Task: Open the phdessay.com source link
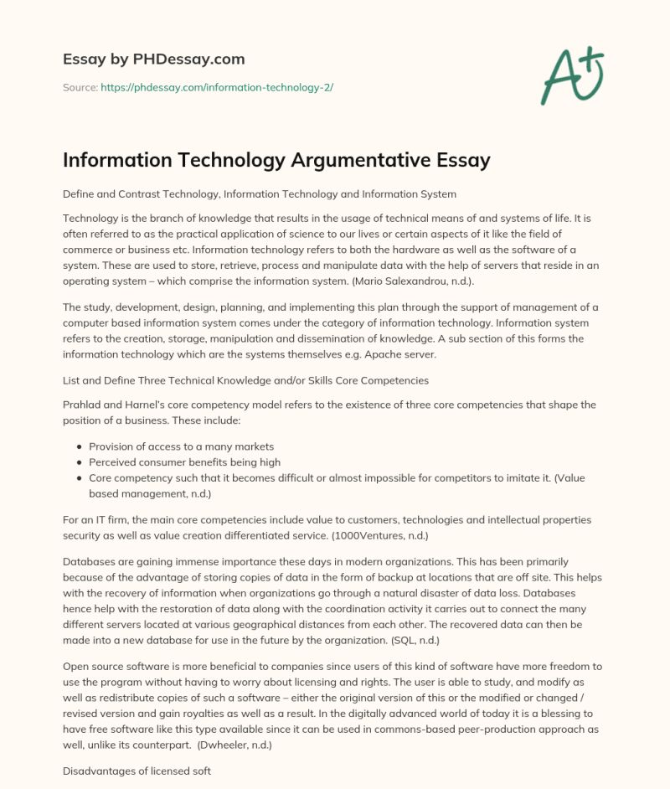click(x=217, y=87)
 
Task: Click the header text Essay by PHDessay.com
click(x=153, y=59)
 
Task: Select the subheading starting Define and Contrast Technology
click(x=259, y=193)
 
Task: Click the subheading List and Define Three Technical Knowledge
click(x=245, y=380)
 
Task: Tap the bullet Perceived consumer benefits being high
click(x=184, y=462)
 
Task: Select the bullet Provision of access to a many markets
click(x=181, y=446)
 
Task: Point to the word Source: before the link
click(x=80, y=87)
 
